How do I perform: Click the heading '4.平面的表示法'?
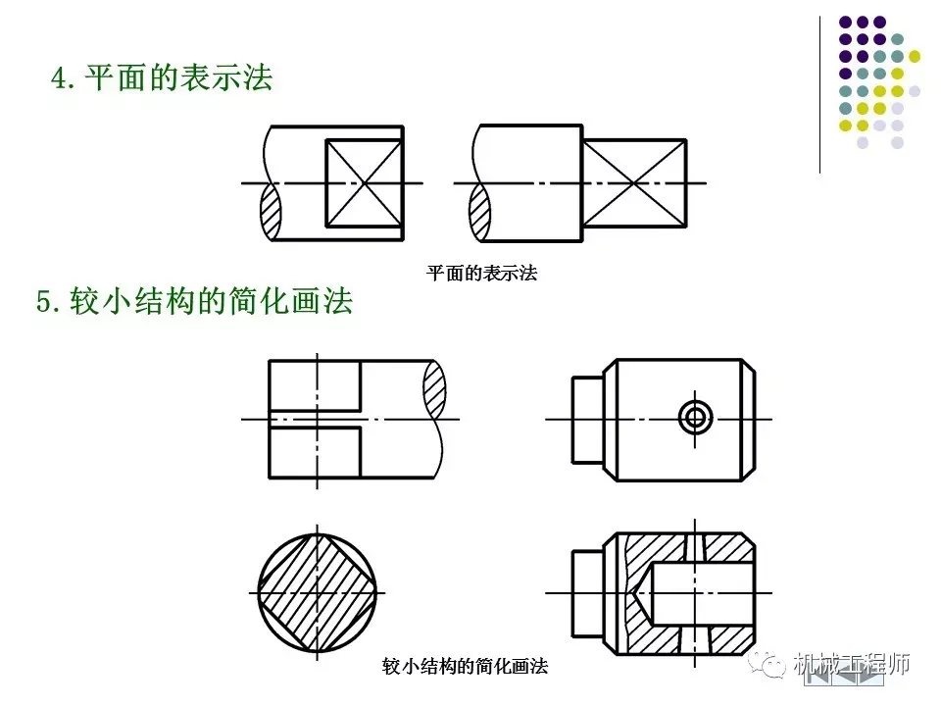click(162, 78)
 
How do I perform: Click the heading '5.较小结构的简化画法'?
click(194, 302)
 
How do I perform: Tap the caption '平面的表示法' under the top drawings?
click(482, 274)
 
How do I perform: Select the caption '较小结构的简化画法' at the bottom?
click(465, 667)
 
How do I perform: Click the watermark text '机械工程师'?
click(852, 664)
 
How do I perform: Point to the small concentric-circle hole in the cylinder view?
click(696, 418)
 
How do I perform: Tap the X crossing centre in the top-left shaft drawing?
click(364, 182)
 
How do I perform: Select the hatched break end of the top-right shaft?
click(480, 211)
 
